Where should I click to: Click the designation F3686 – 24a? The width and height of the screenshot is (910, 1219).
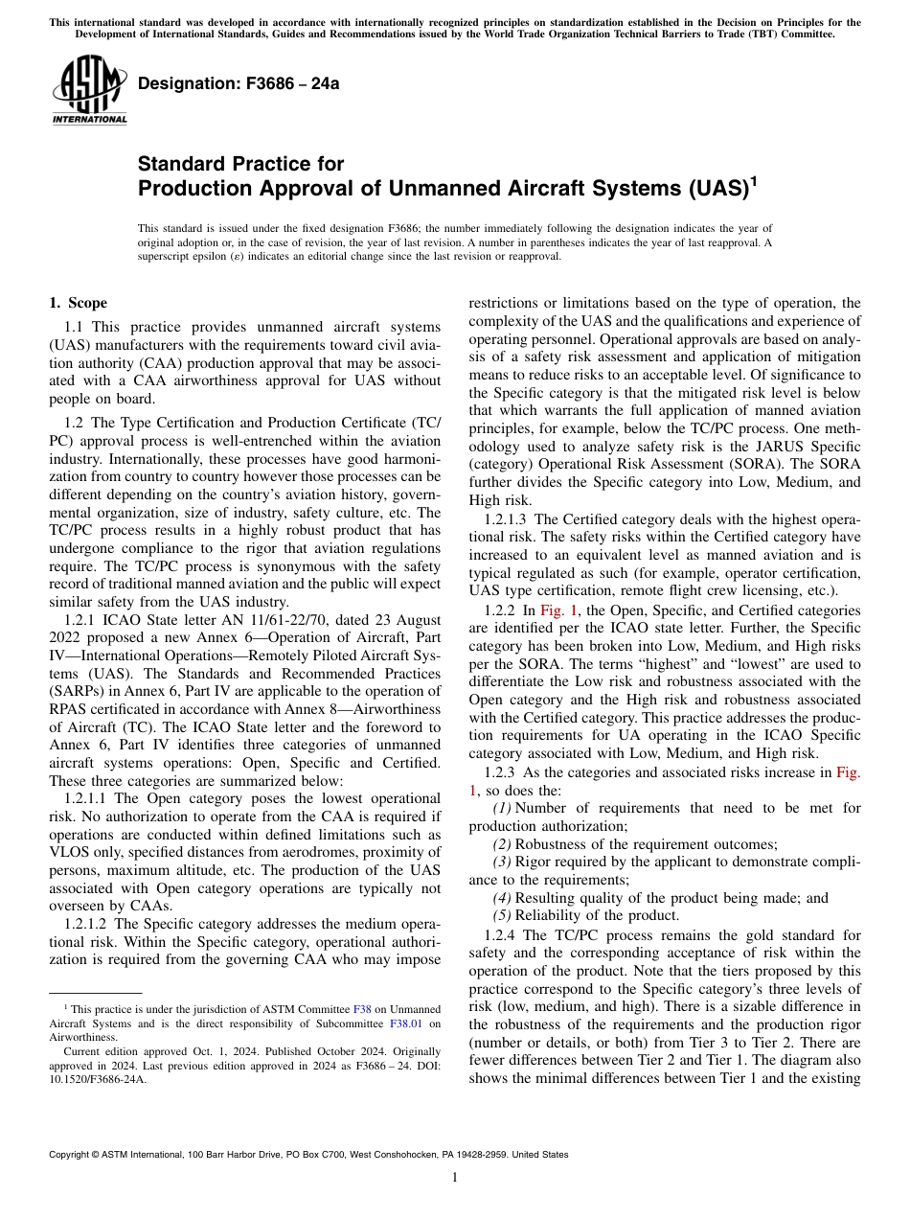[x=239, y=83]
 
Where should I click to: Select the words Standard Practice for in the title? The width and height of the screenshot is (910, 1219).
[x=240, y=164]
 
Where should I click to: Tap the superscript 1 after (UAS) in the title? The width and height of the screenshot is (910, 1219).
[x=753, y=179]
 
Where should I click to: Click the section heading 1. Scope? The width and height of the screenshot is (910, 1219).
[x=78, y=303]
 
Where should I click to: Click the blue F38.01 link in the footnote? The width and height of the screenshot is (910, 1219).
[x=406, y=1023]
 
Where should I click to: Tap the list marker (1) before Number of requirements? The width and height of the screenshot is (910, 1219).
[x=502, y=808]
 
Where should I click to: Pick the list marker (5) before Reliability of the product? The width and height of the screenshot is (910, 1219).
[x=502, y=916]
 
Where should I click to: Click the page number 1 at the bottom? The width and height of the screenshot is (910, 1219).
[x=455, y=1177]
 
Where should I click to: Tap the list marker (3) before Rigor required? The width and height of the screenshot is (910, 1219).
[x=502, y=862]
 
